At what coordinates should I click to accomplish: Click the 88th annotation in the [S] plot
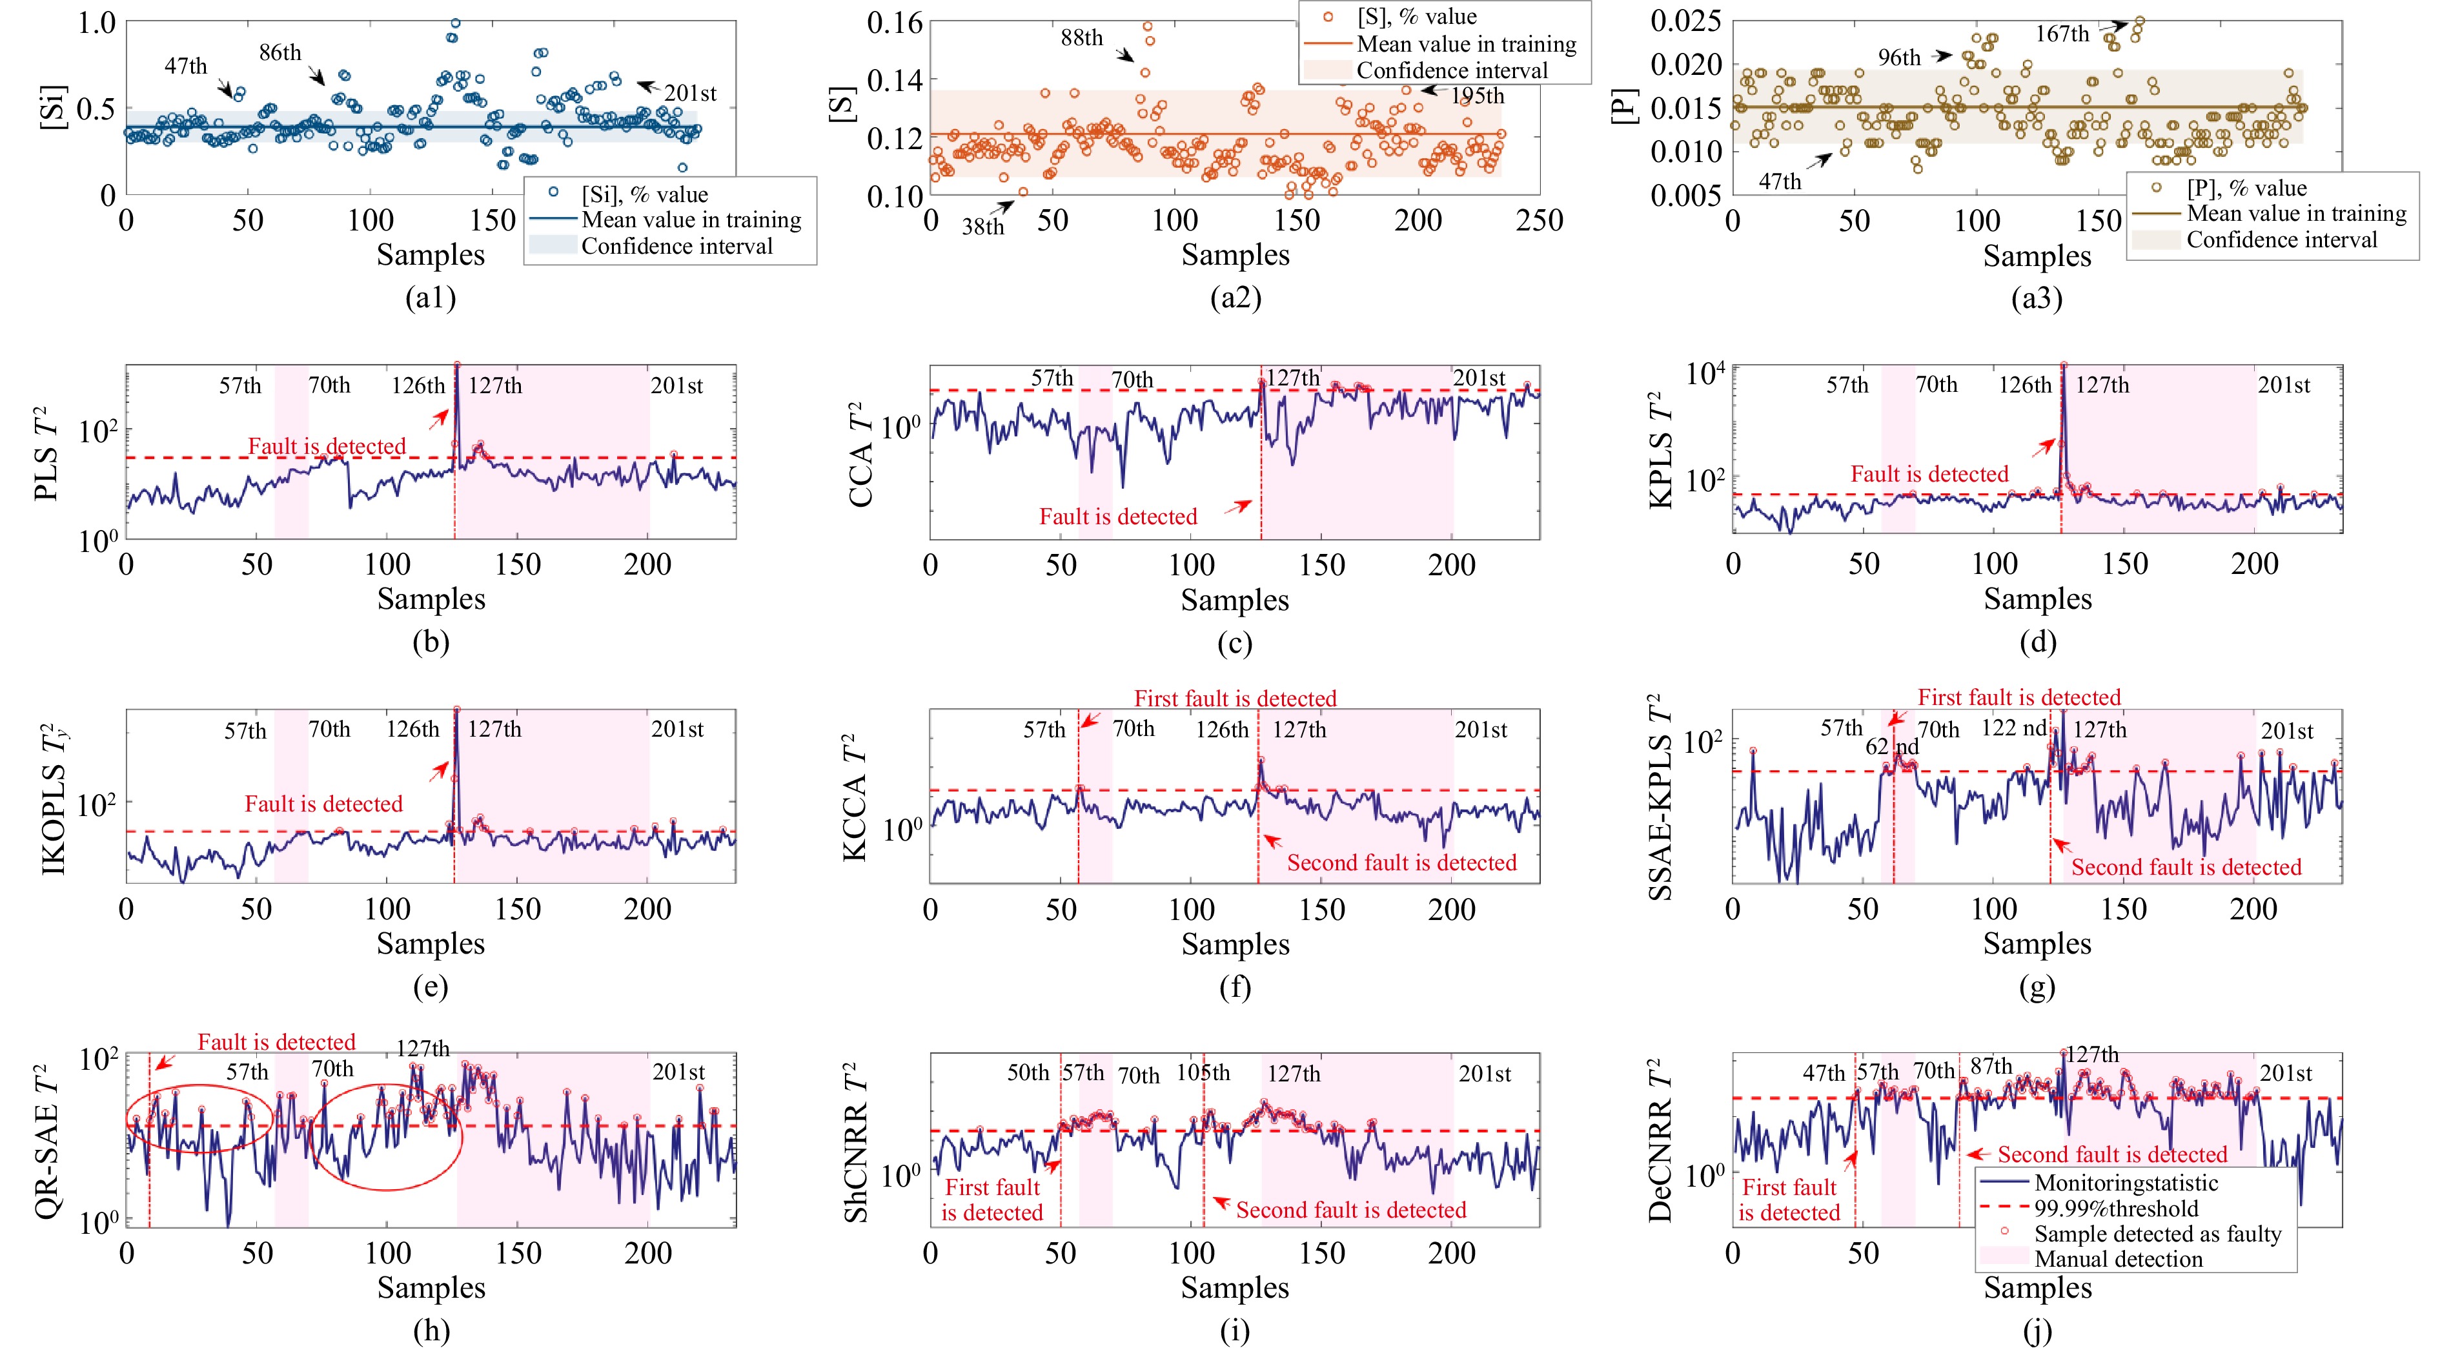[1082, 38]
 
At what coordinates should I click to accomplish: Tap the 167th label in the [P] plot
[2062, 34]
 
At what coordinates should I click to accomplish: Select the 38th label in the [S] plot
[982, 227]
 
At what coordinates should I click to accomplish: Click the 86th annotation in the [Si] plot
[280, 52]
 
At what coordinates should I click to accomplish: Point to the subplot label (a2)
[1235, 298]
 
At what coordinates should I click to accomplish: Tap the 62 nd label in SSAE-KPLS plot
[1891, 746]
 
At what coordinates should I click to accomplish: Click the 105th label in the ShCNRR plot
[1203, 1072]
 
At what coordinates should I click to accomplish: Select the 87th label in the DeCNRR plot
[1991, 1067]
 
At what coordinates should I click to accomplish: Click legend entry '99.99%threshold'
[2116, 1208]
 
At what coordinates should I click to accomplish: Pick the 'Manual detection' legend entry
[2118, 1259]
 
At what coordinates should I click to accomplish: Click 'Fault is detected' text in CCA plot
[1118, 516]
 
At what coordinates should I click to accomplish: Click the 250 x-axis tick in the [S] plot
[1540, 221]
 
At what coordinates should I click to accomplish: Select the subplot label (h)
[431, 1331]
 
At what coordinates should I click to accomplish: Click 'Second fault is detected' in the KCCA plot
[1401, 862]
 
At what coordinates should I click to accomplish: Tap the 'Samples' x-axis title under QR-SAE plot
[431, 1287]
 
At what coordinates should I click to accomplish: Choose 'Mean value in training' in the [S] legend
[1467, 43]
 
